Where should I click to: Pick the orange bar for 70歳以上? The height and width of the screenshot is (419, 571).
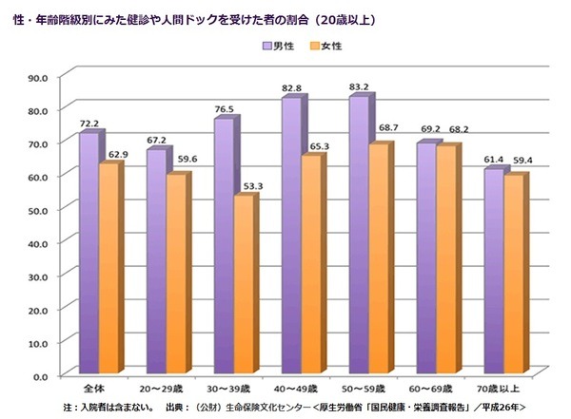[515, 275]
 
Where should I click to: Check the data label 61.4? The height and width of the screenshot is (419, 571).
[493, 159]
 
